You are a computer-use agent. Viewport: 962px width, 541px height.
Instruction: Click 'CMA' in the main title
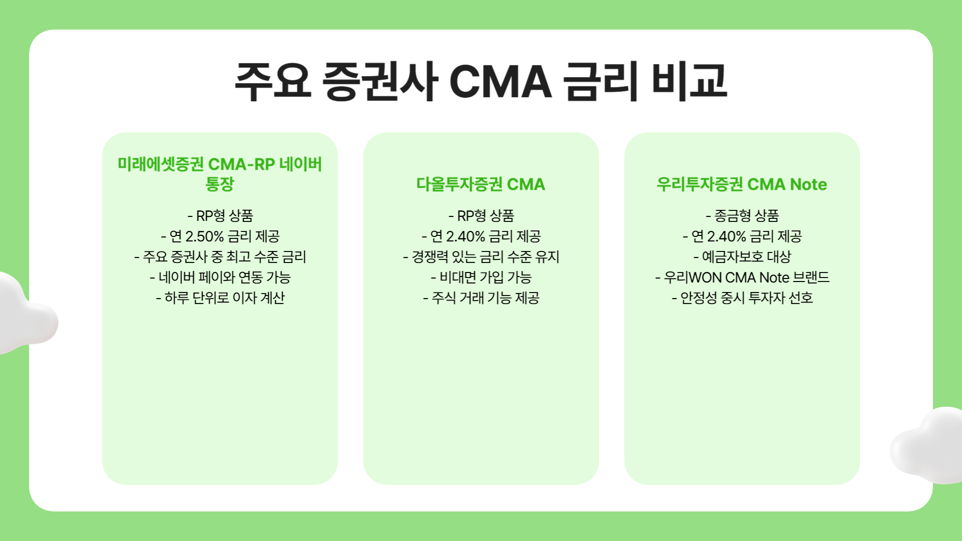click(x=500, y=82)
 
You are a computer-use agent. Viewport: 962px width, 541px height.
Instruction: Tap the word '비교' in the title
click(x=689, y=82)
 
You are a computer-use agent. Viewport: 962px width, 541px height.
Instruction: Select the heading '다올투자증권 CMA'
click(x=480, y=184)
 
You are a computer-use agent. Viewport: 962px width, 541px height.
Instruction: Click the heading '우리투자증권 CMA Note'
click(x=742, y=184)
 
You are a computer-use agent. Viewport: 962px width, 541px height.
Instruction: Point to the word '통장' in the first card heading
click(x=219, y=184)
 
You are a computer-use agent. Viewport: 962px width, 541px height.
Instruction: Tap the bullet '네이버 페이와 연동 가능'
click(x=220, y=278)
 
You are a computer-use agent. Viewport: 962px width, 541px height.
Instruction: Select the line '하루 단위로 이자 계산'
click(x=220, y=298)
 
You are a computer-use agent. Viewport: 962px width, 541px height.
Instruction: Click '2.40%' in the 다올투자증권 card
click(x=465, y=236)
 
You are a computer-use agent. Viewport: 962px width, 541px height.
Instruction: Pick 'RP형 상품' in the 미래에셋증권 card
click(x=224, y=216)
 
